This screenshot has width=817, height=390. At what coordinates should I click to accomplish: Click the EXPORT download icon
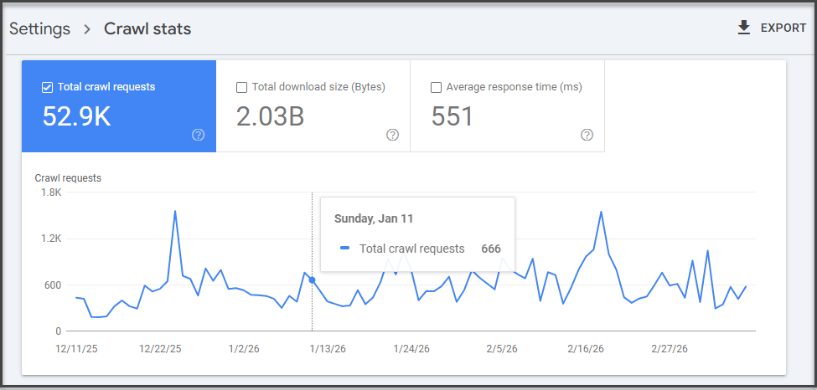click(743, 28)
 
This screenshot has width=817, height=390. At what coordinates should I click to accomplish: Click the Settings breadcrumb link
click(40, 29)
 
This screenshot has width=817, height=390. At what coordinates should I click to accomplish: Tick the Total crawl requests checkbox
click(48, 87)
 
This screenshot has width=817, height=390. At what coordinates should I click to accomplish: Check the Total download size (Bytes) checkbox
click(242, 87)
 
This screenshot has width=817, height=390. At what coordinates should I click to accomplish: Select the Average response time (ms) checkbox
click(436, 87)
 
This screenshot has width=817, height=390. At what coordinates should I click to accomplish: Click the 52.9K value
click(76, 116)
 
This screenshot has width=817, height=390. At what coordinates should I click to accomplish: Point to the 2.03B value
click(270, 116)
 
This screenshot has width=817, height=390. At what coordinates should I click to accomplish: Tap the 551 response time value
click(452, 116)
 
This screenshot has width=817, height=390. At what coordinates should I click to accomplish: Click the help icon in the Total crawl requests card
click(199, 135)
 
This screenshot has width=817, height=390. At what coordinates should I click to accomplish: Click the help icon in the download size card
click(392, 135)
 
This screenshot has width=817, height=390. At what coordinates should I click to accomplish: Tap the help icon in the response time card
click(587, 135)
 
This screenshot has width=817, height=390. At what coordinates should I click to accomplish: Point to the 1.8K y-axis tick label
click(51, 192)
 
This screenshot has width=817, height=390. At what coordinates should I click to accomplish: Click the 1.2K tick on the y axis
click(51, 239)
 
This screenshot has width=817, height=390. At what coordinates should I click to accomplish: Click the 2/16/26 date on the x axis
click(585, 348)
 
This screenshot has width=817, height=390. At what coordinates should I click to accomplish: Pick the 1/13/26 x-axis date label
click(328, 348)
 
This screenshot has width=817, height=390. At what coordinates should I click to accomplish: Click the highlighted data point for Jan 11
click(313, 280)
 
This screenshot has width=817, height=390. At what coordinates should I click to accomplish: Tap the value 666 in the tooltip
click(491, 249)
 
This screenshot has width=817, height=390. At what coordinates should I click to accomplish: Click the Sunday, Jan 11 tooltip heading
click(374, 218)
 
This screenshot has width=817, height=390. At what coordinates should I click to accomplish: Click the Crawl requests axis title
click(68, 178)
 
